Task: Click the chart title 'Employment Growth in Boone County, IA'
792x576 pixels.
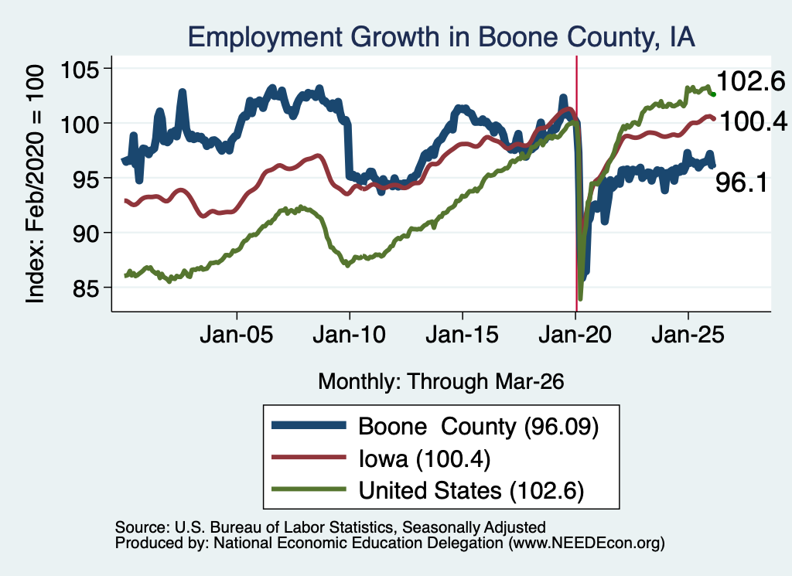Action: point(441,37)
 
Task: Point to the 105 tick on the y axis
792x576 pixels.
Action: point(80,69)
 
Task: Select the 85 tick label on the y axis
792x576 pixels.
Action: point(86,288)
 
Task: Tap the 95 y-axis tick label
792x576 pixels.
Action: point(86,179)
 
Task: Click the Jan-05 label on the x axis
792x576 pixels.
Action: point(237,335)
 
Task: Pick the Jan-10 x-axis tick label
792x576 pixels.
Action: point(349,335)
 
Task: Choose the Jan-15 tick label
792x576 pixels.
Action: point(463,335)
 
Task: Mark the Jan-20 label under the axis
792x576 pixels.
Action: point(575,335)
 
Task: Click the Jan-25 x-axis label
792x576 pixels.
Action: point(688,335)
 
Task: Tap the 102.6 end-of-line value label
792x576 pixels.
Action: point(751,81)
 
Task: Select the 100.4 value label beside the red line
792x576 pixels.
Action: point(753,121)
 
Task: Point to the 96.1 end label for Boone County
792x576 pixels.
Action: point(742,182)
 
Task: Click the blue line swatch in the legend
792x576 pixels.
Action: point(309,425)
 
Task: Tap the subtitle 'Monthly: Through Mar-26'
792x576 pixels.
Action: point(441,382)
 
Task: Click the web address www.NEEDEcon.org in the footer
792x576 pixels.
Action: point(586,544)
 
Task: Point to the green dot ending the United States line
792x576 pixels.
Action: point(713,94)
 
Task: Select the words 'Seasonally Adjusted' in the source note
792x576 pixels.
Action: point(474,527)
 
